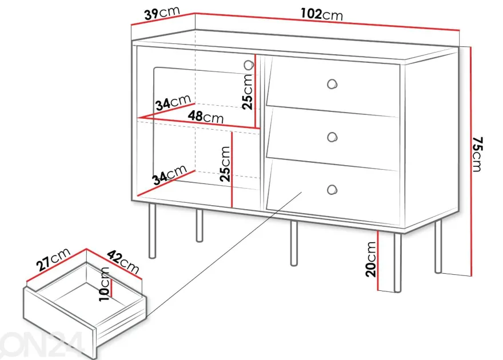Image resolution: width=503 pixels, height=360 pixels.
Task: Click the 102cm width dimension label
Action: click(322, 14)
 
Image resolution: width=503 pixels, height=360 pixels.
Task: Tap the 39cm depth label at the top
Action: click(162, 13)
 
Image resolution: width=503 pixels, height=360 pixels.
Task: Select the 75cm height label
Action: click(477, 154)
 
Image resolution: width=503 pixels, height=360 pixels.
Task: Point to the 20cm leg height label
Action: click(370, 259)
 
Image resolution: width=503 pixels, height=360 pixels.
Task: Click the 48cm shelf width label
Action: click(206, 117)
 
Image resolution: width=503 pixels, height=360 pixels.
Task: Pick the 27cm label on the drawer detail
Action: click(53, 259)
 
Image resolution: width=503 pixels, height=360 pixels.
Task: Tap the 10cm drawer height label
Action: click(104, 284)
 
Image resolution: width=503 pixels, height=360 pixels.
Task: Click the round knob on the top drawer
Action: click(332, 84)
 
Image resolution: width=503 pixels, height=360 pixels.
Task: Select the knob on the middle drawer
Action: click(332, 137)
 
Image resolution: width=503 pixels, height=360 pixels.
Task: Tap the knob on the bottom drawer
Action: click(332, 190)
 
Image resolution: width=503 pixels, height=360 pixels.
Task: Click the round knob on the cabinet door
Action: click(249, 65)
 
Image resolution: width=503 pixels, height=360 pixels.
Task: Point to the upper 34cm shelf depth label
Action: click(173, 103)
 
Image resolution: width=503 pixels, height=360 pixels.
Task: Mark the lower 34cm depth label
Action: click(169, 175)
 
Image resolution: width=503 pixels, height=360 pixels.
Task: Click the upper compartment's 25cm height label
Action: click(247, 91)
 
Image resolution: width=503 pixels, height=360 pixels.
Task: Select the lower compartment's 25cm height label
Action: click(225, 164)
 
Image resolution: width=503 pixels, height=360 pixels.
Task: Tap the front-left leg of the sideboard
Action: click(153, 230)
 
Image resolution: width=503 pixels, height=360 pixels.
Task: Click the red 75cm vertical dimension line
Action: click(470, 162)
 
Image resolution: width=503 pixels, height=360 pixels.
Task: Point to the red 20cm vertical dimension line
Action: click(378, 261)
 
